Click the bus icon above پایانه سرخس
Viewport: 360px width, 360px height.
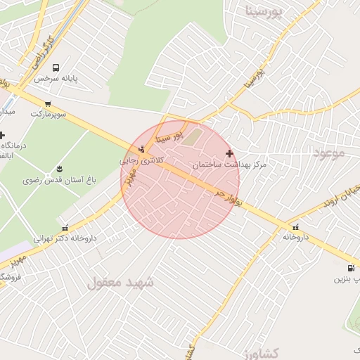56,68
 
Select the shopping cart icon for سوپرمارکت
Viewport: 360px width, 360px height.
48,104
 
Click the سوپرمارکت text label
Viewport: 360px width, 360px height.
48,113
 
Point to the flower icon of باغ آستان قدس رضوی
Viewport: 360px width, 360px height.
58,169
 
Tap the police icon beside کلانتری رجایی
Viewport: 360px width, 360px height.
142,148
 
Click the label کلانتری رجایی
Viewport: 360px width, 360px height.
142,160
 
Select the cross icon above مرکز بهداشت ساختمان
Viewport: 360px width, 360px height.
229,153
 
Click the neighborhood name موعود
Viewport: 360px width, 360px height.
328,152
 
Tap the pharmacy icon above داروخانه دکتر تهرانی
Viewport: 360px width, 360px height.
65,228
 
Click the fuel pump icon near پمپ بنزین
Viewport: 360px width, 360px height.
350,268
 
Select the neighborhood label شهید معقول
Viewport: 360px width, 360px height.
120,283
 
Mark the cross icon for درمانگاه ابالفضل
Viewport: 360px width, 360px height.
3,135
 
